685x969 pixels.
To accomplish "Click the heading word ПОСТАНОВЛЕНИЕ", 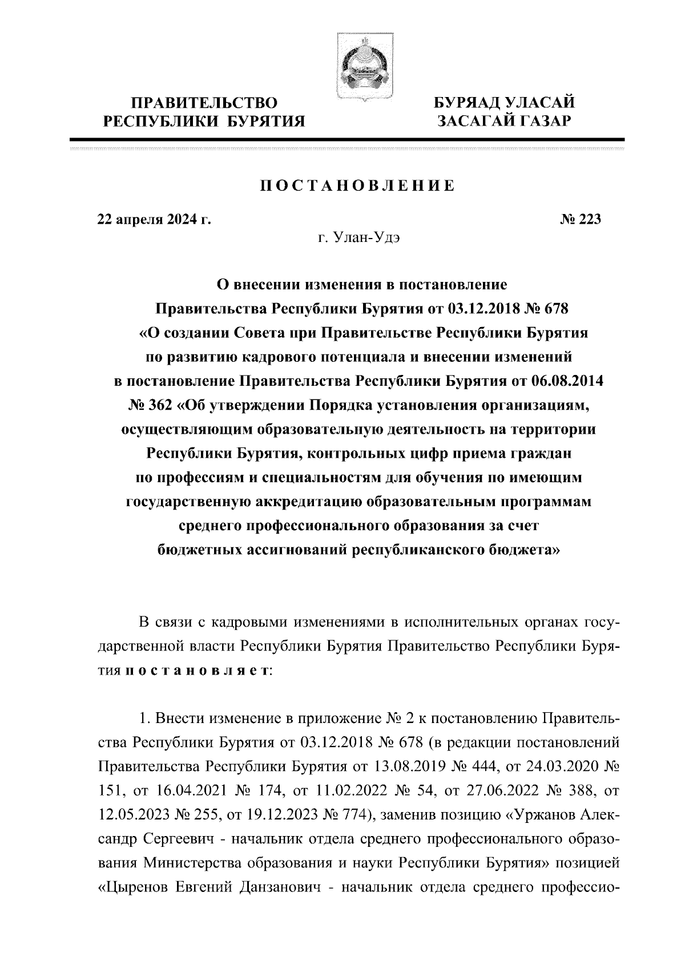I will [357, 186].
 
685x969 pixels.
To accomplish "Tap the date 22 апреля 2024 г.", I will [154, 220].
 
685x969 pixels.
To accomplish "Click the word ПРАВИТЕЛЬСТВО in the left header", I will [204, 103].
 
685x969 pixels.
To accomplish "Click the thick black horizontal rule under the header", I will [346, 139].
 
